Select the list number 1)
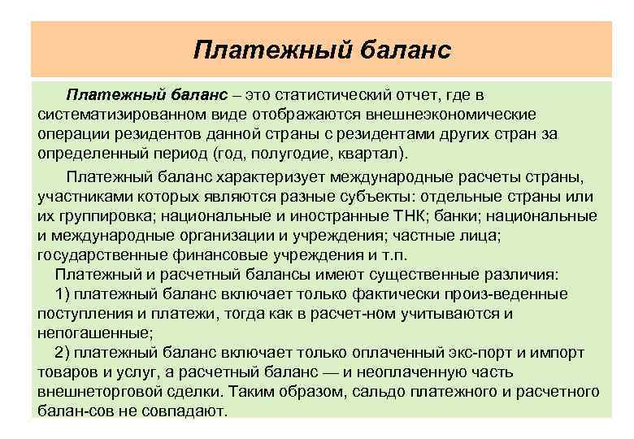(63, 293)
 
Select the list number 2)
(63, 352)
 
